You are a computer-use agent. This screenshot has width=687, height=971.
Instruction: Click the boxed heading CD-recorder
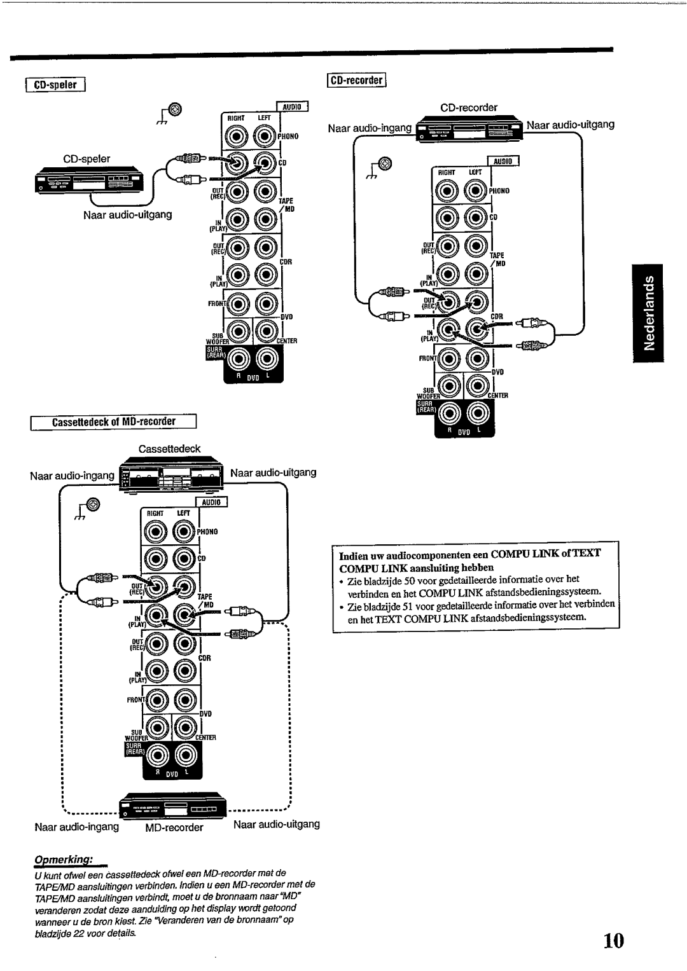[x=358, y=80]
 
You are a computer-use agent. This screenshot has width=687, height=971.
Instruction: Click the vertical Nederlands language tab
[x=648, y=312]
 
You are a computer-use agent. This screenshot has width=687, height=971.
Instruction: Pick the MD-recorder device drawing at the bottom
[x=174, y=807]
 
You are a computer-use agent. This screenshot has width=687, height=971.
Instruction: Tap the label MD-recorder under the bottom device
[x=174, y=827]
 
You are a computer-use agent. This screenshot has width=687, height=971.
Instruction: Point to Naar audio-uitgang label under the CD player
[x=127, y=215]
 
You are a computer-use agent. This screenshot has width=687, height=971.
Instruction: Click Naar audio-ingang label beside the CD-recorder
[x=370, y=128]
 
